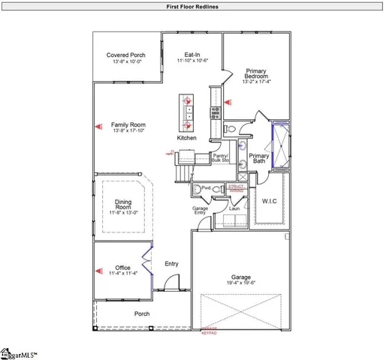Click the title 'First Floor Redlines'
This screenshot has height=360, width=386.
pos(192,5)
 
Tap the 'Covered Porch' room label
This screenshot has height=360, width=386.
pos(125,55)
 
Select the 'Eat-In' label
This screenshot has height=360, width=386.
pos(192,55)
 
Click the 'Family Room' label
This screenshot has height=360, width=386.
pos(128,124)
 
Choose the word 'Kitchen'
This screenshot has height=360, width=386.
pos(187,138)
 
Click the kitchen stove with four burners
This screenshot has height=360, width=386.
pos(216,113)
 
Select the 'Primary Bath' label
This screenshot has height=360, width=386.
pos(259,159)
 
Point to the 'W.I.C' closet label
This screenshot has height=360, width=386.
pos(270,200)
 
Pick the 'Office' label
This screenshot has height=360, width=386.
pos(123,268)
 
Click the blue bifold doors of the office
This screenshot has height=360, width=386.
pos(152,267)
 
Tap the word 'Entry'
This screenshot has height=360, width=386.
pos(171,263)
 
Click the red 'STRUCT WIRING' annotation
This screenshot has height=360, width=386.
pos(237,188)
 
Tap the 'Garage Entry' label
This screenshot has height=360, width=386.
pos(200,210)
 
